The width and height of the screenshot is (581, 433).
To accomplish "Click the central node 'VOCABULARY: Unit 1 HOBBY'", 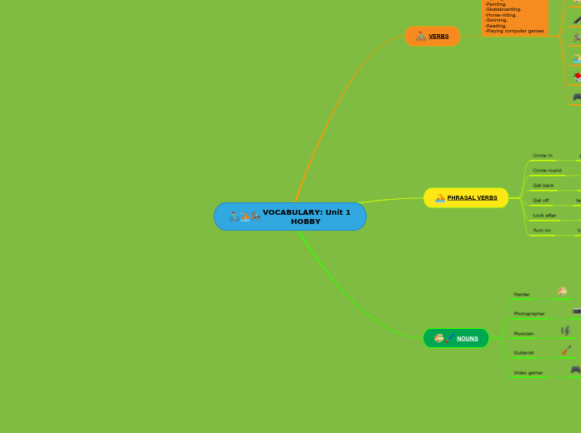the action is coord(290,216).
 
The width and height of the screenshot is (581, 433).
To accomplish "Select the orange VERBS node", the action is coord(433,36).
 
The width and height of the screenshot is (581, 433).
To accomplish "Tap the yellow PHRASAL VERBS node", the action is coord(467,198).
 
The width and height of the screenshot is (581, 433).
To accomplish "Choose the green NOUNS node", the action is coord(457,338).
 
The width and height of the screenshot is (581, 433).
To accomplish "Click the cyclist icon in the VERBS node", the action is coord(421,36).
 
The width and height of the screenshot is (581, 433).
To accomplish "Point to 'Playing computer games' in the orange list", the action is coord(515,31).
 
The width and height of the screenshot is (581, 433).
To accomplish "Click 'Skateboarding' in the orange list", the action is coord(503,9).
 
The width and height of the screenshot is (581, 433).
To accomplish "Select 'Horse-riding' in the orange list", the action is coord(501,15).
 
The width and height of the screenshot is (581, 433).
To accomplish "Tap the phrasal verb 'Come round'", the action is coord(547,170).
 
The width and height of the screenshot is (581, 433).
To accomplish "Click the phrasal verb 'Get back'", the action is coord(543,185).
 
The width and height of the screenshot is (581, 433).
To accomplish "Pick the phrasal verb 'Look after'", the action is coord(544,215).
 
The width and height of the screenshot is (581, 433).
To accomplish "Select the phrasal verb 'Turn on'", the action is coord(542,230).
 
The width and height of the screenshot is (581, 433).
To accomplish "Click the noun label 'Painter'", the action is coord(522,294).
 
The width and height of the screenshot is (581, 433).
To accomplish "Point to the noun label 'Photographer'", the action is coord(529,313).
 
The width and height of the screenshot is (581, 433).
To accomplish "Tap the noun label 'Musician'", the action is coord(523,333).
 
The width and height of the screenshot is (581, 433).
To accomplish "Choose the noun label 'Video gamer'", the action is coord(528,372).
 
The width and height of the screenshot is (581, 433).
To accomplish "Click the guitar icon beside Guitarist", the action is coord(566,351).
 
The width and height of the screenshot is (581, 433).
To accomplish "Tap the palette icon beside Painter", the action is coord(563,291).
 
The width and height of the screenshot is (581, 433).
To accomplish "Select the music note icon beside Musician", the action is coord(565,331).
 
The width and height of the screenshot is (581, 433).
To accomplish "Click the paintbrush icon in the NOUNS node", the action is coord(450,338).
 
